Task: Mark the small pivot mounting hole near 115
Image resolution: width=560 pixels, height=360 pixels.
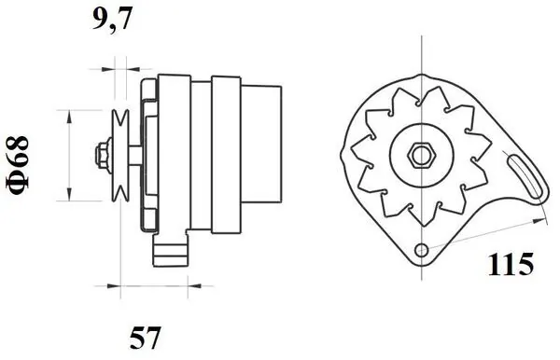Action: click(x=422, y=249)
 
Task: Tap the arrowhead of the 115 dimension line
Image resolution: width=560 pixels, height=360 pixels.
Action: click(x=542, y=220)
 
